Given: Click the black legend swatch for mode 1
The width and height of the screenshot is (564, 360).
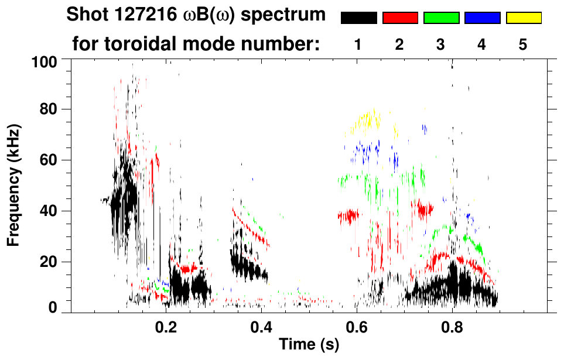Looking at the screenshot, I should point(358,18).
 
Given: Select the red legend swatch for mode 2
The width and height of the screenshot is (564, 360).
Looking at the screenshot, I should point(400,18).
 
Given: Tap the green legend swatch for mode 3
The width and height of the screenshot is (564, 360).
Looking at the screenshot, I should point(441,18).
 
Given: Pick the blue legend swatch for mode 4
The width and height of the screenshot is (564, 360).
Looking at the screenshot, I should point(482,18).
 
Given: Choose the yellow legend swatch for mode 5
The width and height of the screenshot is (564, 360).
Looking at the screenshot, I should point(524,18).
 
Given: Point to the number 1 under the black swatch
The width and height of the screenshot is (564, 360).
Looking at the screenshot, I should point(358,44).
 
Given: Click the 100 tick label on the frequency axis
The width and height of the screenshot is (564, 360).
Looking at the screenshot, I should point(44,61).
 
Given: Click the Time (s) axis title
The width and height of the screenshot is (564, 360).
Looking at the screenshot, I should point(309,345).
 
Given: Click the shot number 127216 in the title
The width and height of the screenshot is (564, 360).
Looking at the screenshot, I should point(139,15).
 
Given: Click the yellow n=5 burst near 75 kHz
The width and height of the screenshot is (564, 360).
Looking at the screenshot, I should point(370,121).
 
